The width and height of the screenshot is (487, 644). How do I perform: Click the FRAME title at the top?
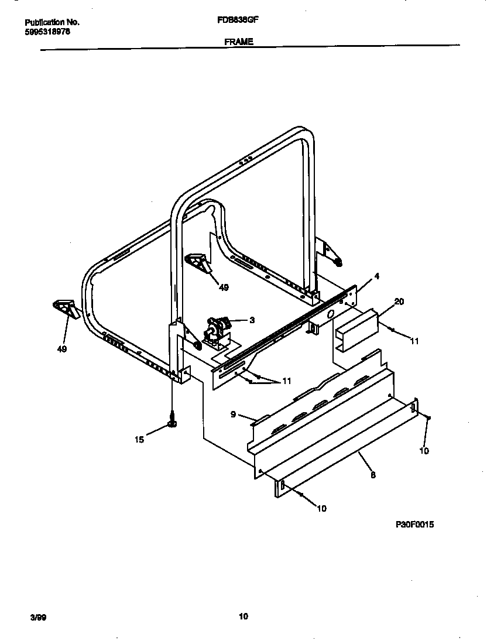pos(238,42)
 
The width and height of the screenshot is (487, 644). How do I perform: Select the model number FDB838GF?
pos(238,19)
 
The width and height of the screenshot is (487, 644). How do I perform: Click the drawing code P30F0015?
pos(415,525)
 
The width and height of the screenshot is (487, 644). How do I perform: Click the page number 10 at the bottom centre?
pos(243,616)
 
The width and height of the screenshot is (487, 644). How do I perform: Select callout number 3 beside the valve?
pos(252,320)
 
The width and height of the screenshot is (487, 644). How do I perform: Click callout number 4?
pos(377,276)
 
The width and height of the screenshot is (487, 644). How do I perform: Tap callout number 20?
pos(399,302)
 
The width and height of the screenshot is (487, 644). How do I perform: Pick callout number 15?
pos(139,440)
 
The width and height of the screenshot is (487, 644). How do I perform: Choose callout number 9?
pos(233,415)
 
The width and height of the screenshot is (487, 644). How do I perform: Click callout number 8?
pos(373,475)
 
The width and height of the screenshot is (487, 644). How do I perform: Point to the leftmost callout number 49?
pos(61,350)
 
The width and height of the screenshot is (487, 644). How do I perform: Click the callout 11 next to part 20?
pos(414,341)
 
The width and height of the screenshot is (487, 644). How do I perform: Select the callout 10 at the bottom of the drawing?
pos(321,508)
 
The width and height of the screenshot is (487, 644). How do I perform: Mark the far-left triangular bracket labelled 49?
pos(66,308)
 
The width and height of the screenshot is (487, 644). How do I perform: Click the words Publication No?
pos(52,22)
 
